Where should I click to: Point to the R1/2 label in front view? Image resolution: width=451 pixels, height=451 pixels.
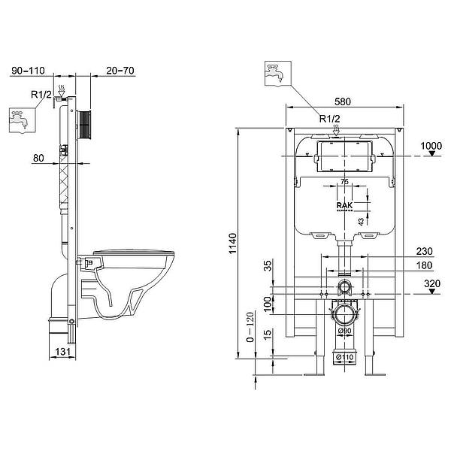click(x=329, y=119)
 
